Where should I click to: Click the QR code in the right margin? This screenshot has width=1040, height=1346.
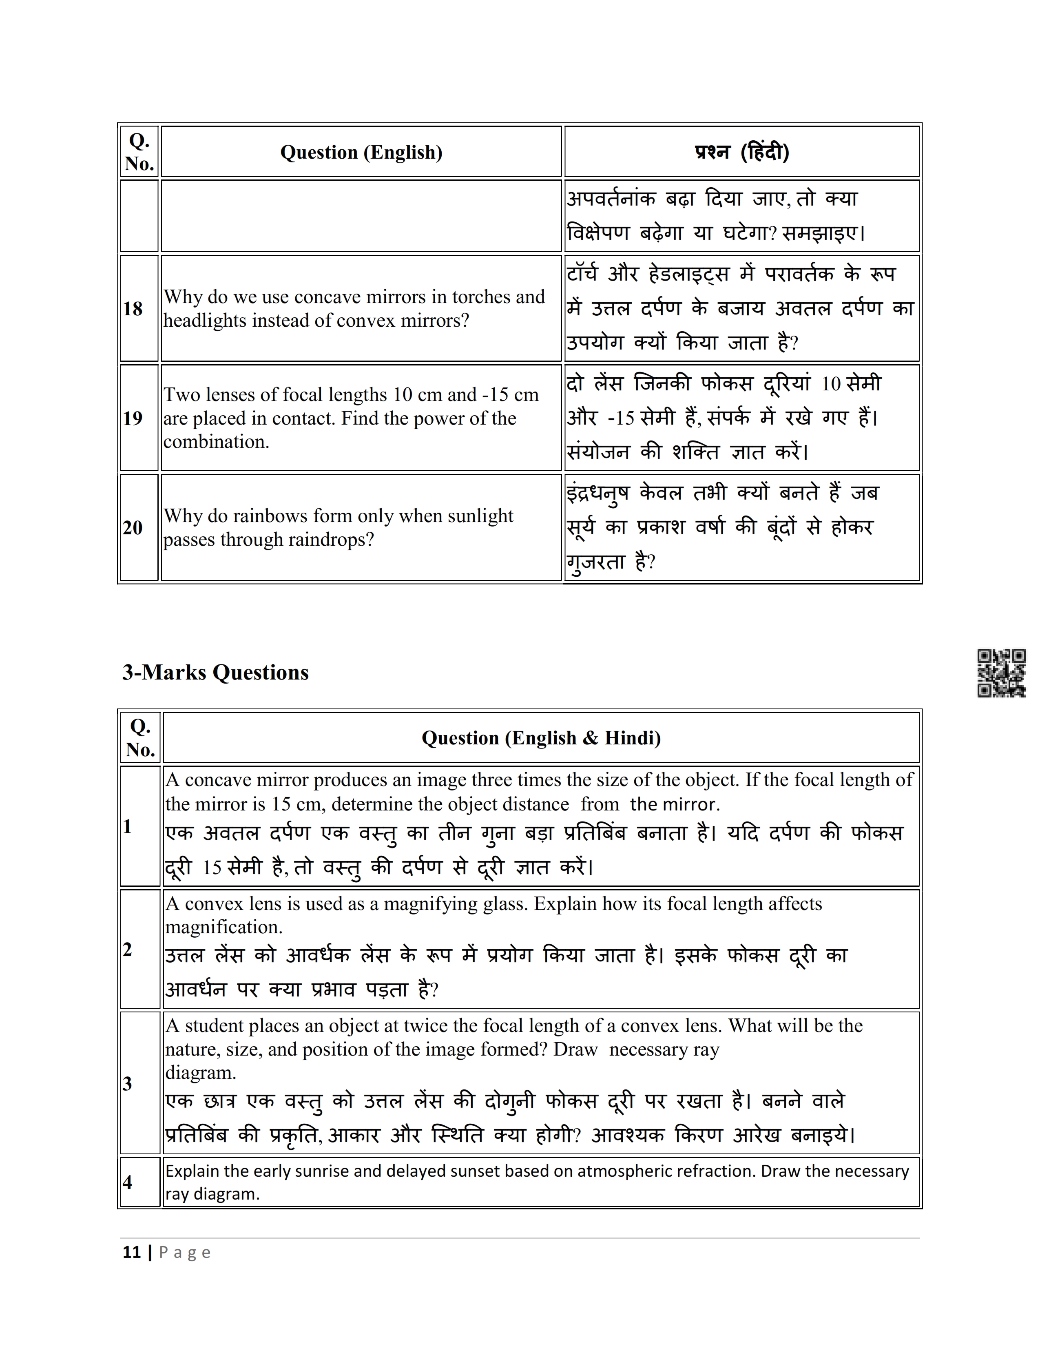click(1001, 673)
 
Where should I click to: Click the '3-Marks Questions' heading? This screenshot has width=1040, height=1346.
click(215, 672)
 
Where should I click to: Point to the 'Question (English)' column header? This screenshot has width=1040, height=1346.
click(361, 152)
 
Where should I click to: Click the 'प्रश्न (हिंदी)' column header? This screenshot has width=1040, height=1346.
click(742, 152)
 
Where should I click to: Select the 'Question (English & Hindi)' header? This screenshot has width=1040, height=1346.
click(541, 738)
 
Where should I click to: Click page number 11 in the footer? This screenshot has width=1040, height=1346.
click(132, 1252)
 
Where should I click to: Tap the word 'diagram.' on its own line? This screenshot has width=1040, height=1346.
click(200, 1073)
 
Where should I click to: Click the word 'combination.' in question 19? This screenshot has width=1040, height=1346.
click(216, 442)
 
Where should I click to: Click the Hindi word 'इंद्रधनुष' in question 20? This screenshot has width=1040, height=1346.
click(597, 493)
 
